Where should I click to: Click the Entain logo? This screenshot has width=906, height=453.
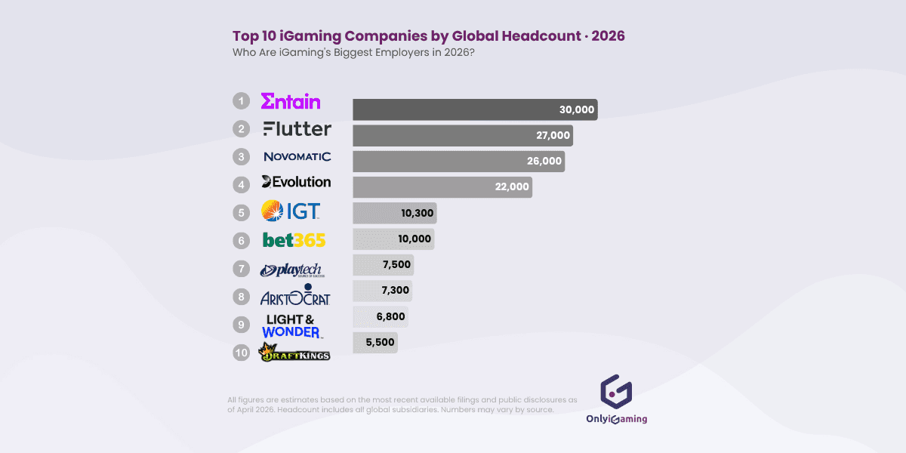click(x=291, y=101)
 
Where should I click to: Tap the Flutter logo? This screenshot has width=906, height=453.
click(x=297, y=129)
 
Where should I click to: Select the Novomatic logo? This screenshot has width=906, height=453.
click(x=297, y=157)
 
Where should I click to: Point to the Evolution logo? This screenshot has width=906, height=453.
click(x=296, y=182)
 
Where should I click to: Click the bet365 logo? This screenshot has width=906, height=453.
click(x=294, y=240)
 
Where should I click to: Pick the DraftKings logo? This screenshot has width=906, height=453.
click(x=294, y=352)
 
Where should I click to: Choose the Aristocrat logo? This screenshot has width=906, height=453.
click(x=295, y=297)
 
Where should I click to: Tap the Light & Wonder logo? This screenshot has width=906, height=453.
click(x=292, y=326)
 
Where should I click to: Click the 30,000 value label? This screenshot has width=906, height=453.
click(x=577, y=109)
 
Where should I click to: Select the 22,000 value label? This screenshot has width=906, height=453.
click(x=512, y=187)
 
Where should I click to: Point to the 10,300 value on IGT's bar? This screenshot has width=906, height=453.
click(x=417, y=213)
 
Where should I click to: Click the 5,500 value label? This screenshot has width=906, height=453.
click(x=380, y=342)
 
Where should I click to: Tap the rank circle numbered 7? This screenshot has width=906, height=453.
click(x=241, y=269)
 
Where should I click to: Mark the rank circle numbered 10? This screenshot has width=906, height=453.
click(x=241, y=352)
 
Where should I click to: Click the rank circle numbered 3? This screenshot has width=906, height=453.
click(x=241, y=157)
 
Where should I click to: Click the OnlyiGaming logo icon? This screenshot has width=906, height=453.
click(x=615, y=391)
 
